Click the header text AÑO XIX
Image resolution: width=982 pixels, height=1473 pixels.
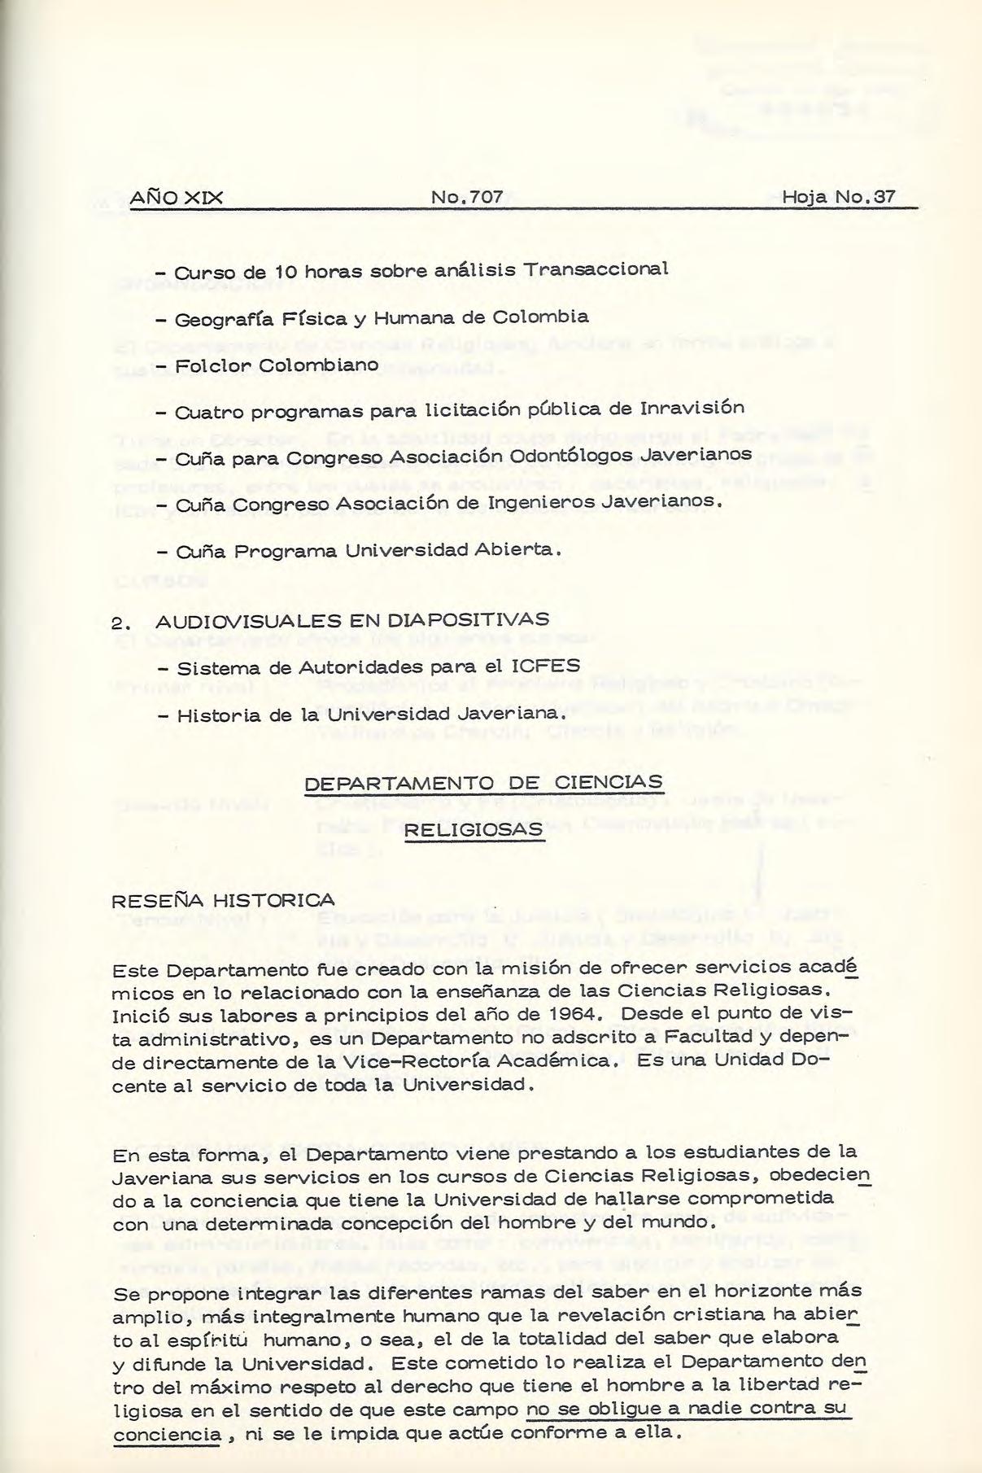pos(177,198)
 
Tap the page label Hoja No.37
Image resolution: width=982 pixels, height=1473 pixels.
pos(839,198)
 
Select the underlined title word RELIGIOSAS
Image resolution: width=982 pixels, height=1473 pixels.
pos(473,828)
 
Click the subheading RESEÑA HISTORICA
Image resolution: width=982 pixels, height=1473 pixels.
pos(223,900)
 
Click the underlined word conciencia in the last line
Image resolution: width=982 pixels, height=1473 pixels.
pos(166,1432)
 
